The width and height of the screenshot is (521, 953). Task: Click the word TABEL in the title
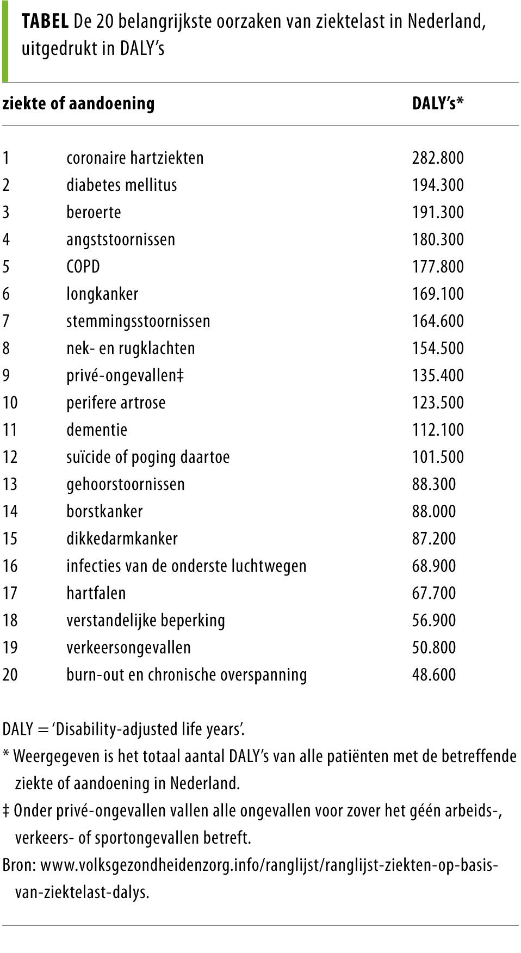[x=45, y=22]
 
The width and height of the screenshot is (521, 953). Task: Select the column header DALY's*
[x=438, y=103]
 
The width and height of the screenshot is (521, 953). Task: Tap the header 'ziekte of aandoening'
[x=78, y=103]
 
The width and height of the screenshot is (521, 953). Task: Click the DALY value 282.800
[x=438, y=158]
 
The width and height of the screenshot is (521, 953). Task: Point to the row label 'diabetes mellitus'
[x=121, y=185]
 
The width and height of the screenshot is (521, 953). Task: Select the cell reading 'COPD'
[x=83, y=267]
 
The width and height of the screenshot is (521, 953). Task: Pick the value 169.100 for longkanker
[x=438, y=294]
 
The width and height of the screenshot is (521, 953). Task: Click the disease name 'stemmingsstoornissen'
[x=138, y=321]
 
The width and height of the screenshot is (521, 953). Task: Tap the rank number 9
[x=6, y=375]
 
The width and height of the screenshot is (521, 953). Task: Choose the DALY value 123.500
[x=438, y=403]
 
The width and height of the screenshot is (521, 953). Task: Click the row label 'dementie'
[x=97, y=430]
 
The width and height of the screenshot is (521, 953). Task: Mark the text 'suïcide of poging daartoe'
[x=148, y=457]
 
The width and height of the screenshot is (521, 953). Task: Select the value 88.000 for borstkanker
[x=434, y=511]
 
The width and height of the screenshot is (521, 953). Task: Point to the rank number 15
[x=10, y=539]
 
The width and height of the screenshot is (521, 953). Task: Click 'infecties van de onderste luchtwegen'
[x=186, y=566]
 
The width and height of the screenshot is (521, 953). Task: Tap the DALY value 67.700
[x=434, y=593]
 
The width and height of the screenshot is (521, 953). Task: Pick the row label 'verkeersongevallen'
[x=128, y=647]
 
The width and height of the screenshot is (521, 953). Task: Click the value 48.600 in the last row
[x=434, y=674]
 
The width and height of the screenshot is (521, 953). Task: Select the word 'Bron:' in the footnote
[x=19, y=865]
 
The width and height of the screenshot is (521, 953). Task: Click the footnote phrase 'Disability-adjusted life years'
[x=148, y=729]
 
